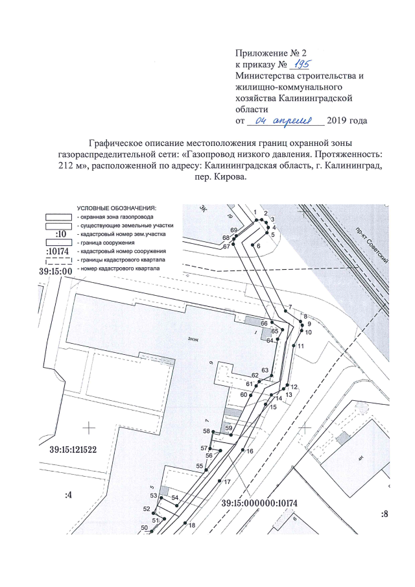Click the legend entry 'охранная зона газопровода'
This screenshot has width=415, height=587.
pos(115,216)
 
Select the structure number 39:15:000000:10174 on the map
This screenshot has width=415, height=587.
pos(264,503)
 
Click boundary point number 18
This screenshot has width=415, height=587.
pos(192,526)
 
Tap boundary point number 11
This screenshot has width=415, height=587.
pos(301,346)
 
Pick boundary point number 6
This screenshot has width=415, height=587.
pos(258,246)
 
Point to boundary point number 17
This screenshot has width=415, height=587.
pos(227,482)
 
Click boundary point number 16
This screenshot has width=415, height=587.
pos(250,450)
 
